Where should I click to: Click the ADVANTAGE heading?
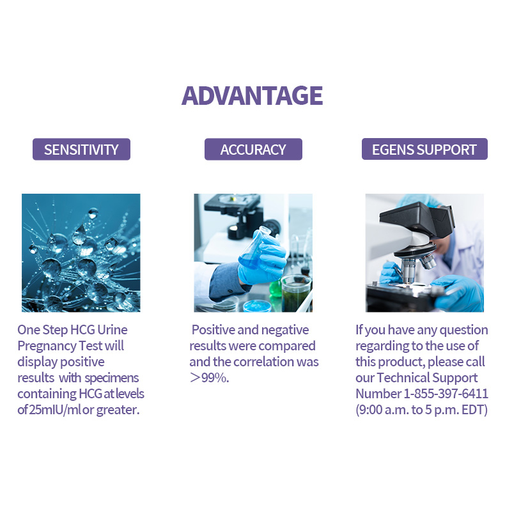pos(252,96)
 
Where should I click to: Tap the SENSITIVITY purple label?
pos(81,149)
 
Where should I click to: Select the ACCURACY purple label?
pos(253,149)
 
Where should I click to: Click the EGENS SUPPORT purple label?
pos(424,149)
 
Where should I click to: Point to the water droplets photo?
pos(81,253)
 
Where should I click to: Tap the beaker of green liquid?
pos(296,293)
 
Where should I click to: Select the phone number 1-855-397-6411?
pos(446,394)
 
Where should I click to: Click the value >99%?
pos(209,378)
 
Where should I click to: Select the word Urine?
pos(113,330)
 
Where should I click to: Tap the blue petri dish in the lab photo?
pos(257,306)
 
